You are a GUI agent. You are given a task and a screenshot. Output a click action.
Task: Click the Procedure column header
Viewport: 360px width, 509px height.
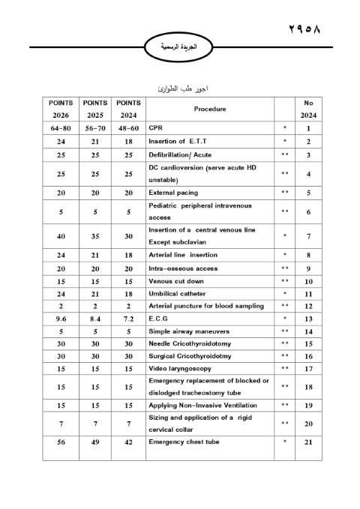(210, 109)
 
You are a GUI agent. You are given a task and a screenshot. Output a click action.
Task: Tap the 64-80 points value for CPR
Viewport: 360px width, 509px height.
(60, 128)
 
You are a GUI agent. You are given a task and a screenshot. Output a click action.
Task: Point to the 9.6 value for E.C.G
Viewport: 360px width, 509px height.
(60, 318)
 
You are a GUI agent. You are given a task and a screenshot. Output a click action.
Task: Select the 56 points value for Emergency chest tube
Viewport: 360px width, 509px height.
(60, 442)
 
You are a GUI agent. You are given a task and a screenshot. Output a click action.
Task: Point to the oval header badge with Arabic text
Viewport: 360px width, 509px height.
(179, 46)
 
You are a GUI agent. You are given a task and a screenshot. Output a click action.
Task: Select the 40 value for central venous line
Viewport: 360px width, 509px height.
(60, 235)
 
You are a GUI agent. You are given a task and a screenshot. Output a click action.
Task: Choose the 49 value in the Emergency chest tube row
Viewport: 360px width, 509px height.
(94, 442)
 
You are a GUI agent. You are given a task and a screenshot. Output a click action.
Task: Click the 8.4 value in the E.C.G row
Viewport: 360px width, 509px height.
(94, 318)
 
